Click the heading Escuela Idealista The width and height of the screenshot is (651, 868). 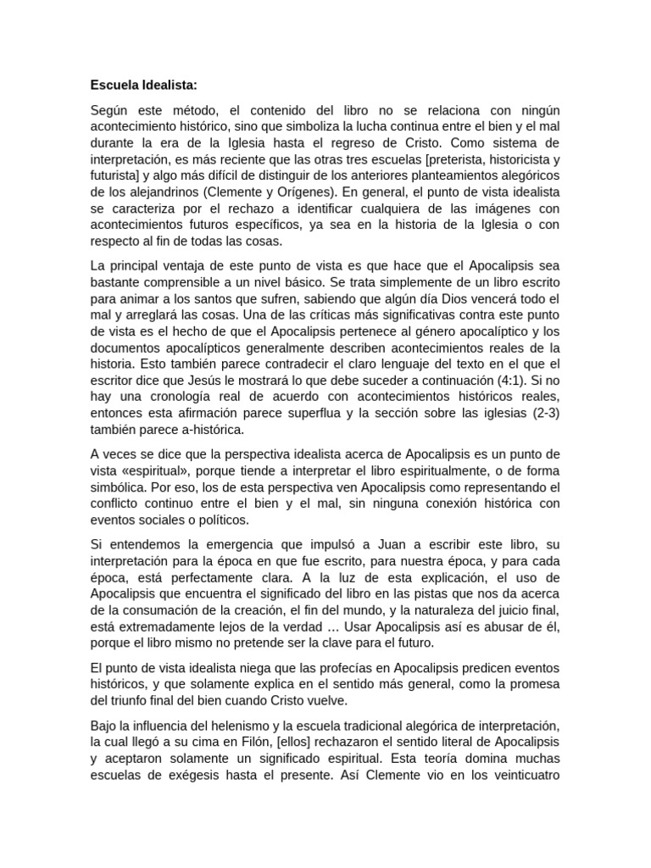pyautogui.click(x=143, y=85)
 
